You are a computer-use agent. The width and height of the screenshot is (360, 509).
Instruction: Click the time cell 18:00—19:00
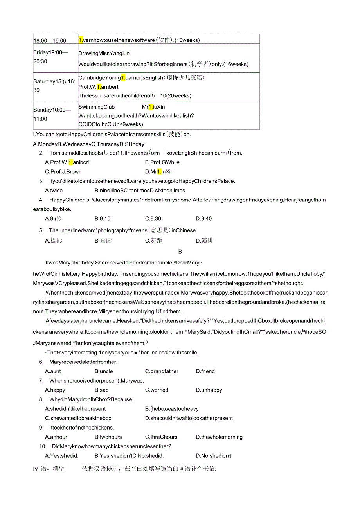pyautogui.click(x=50, y=40)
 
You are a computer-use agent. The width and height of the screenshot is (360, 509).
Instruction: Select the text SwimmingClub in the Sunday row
pyautogui.click(x=97, y=107)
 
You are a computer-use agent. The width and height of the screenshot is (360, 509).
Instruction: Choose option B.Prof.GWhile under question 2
pyautogui.click(x=162, y=162)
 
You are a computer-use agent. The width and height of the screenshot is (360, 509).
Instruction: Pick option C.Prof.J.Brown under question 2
pyautogui.click(x=63, y=172)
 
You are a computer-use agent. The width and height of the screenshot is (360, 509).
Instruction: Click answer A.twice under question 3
pyautogui.click(x=54, y=191)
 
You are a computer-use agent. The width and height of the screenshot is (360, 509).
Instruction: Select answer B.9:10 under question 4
pyautogui.click(x=103, y=219)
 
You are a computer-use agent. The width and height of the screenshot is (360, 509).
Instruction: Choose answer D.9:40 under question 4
pyautogui.click(x=204, y=219)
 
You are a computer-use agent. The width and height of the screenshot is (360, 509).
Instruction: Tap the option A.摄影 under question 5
pyautogui.click(x=54, y=241)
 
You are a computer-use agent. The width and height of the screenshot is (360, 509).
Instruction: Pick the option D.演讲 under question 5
pyautogui.click(x=205, y=241)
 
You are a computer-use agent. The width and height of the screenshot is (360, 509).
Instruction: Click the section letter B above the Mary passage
pyautogui.click(x=180, y=252)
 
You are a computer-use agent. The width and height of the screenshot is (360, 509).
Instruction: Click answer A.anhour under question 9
pyautogui.click(x=56, y=437)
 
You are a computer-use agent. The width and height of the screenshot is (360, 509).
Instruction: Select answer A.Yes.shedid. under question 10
pyautogui.click(x=62, y=456)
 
